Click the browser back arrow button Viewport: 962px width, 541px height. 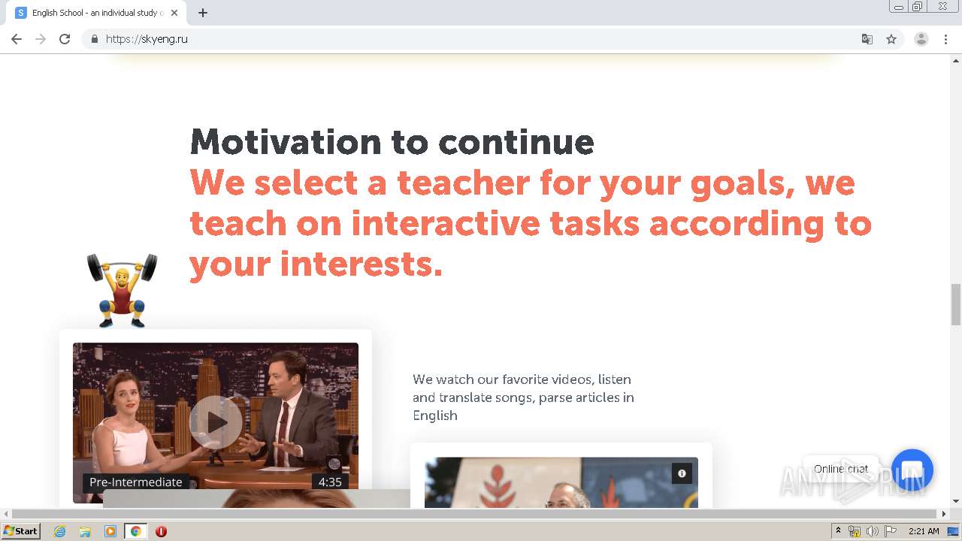pyautogui.click(x=17, y=39)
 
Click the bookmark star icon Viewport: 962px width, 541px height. pyautogui.click(x=891, y=39)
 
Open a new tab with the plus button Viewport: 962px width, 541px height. pyautogui.click(x=203, y=13)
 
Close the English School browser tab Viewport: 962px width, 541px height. pyautogui.click(x=174, y=13)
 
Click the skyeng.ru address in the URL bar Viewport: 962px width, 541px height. pyautogui.click(x=147, y=39)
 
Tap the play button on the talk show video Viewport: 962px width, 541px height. pyautogui.click(x=216, y=422)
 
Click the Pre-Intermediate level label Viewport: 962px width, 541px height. pyautogui.click(x=135, y=482)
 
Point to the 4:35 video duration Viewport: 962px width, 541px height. pyautogui.click(x=330, y=482)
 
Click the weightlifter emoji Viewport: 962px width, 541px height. pyautogui.click(x=122, y=289)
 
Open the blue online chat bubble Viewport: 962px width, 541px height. pyautogui.click(x=912, y=470)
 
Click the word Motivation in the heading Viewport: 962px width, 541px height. pyautogui.click(x=286, y=142)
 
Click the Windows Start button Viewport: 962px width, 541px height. pyautogui.click(x=21, y=531)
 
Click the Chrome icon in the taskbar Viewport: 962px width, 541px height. pyautogui.click(x=135, y=531)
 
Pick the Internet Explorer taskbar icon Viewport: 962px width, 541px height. pyautogui.click(x=59, y=531)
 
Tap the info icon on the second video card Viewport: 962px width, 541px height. pyautogui.click(x=682, y=473)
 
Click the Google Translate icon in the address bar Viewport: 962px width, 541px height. pyautogui.click(x=867, y=39)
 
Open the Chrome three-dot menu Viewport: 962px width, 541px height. pyautogui.click(x=945, y=39)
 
